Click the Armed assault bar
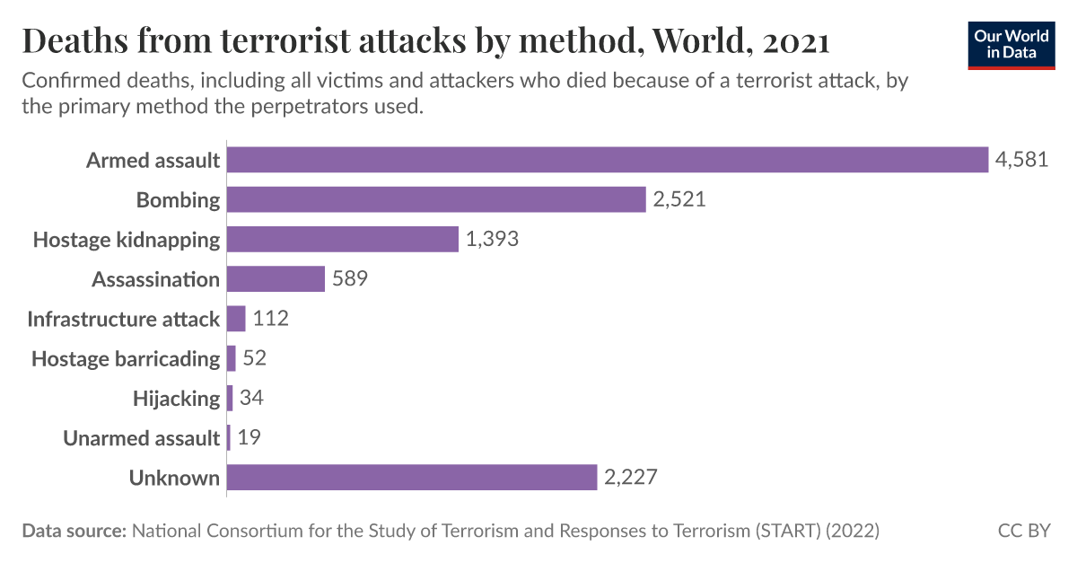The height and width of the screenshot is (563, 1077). [607, 160]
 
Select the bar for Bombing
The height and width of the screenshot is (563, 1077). [436, 199]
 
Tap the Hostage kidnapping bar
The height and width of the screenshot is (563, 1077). [343, 240]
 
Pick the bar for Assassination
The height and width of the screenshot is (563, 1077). [276, 279]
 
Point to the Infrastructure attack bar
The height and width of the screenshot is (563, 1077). [236, 319]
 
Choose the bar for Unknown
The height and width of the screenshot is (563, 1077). [412, 478]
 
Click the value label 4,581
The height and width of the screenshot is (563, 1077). [1021, 160]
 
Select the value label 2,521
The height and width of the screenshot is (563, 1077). [679, 199]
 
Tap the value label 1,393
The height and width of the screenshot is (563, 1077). [493, 240]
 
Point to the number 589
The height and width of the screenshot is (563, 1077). [350, 279]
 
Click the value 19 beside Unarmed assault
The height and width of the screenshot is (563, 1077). [250, 438]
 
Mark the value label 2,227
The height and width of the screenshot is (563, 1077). [631, 478]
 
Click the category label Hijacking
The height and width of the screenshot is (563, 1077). [176, 399]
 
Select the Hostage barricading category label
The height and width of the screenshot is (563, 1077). [126, 359]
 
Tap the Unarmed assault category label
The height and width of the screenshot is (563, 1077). [141, 438]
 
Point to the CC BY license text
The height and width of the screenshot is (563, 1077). [1024, 531]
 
